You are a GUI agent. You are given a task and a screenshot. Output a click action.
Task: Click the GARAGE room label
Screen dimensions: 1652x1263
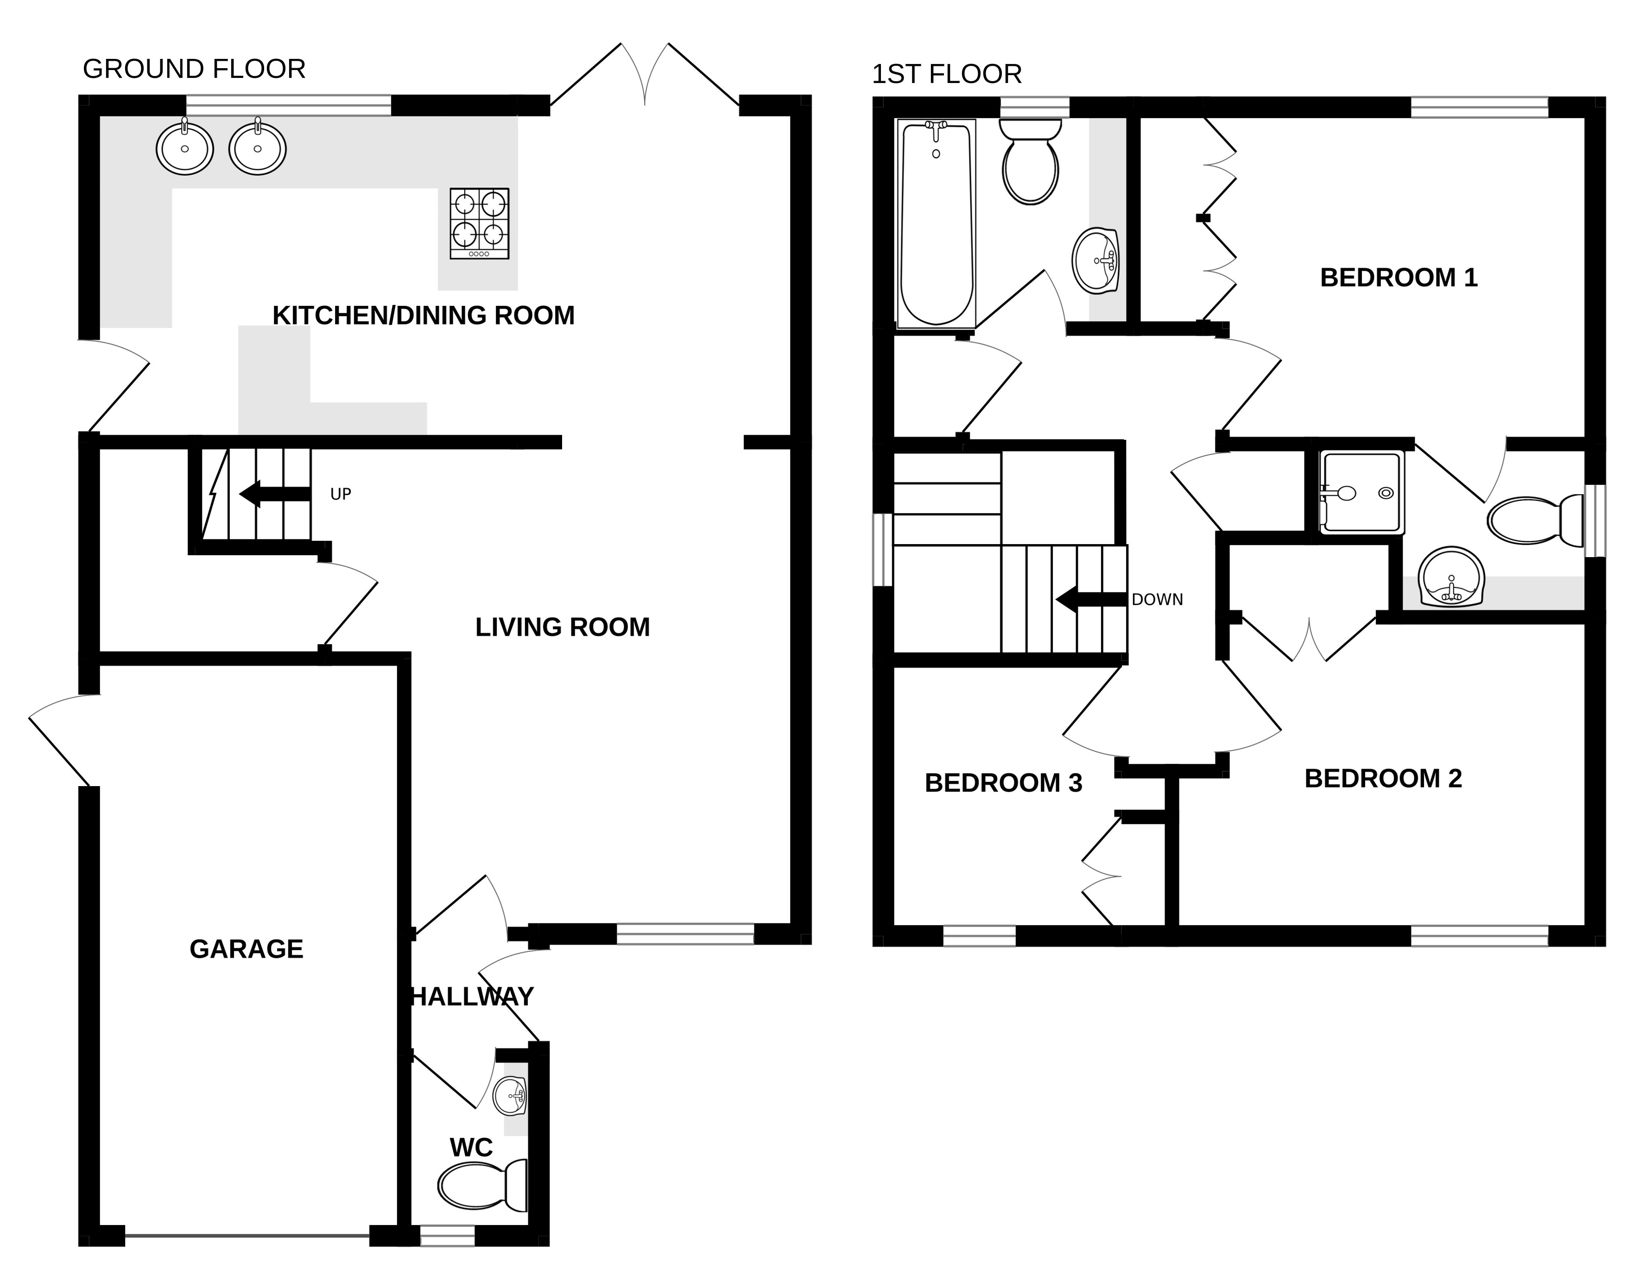click(247, 950)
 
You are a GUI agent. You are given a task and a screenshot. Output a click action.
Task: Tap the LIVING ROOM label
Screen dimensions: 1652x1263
click(562, 627)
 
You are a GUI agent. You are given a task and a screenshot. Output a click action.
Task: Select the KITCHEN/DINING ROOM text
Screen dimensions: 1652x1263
click(423, 316)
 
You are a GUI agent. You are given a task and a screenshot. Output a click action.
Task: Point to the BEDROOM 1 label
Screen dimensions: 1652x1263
click(1399, 278)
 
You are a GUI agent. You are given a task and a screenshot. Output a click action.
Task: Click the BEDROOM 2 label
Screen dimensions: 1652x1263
click(1383, 778)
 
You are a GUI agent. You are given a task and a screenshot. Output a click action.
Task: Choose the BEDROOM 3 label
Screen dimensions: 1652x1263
click(1003, 783)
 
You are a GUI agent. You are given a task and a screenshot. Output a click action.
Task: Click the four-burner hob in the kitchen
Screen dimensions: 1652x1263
click(480, 223)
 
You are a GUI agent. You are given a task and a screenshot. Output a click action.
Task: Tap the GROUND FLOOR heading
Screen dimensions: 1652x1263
click(194, 69)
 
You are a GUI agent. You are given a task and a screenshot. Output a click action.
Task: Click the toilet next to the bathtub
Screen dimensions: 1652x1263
click(1031, 162)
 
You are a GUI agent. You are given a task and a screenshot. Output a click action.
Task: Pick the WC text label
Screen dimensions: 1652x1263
click(471, 1148)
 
